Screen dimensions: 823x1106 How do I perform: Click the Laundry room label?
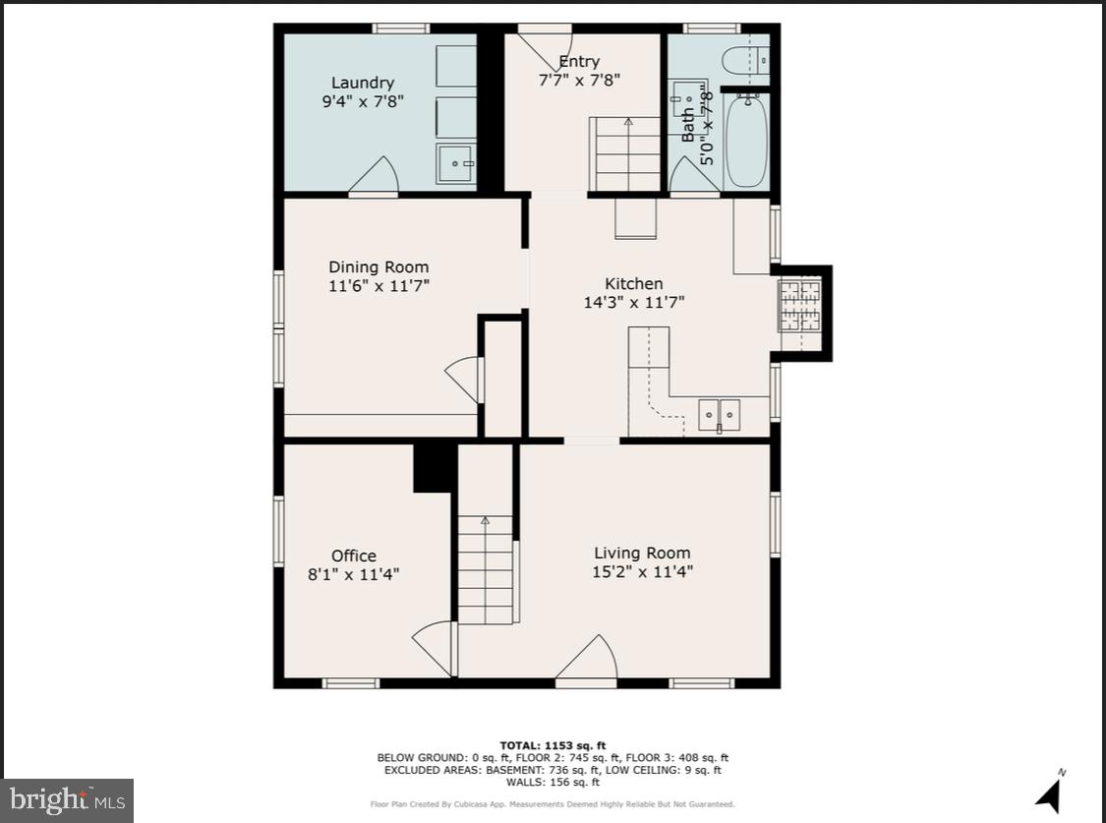[362, 84]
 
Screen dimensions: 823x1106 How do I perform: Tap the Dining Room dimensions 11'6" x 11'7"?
[378, 286]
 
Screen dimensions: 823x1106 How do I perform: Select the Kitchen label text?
[633, 284]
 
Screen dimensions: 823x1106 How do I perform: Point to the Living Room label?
[642, 553]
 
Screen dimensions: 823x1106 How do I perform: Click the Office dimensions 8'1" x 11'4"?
[353, 574]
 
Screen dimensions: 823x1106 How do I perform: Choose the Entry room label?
[579, 61]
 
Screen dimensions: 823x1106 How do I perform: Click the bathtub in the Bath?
[746, 140]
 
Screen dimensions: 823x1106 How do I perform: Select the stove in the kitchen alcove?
[799, 305]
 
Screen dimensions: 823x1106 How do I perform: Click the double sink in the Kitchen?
[720, 416]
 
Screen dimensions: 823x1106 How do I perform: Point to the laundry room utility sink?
[455, 164]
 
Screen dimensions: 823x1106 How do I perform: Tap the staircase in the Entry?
[625, 154]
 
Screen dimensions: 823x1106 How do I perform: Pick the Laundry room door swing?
[376, 177]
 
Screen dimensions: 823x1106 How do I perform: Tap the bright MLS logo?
[67, 798]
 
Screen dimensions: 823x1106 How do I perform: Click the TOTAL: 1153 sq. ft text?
[553, 745]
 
